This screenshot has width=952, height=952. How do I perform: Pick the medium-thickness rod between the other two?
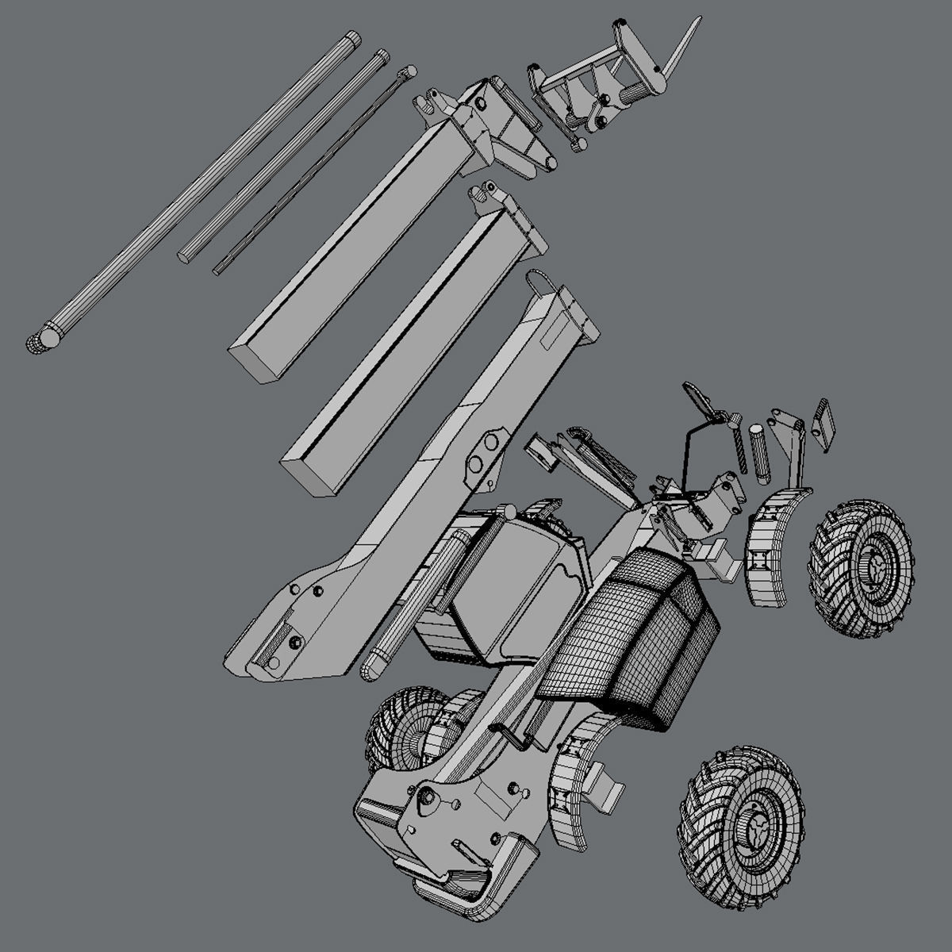[282, 154]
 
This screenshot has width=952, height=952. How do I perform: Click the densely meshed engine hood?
[635, 635]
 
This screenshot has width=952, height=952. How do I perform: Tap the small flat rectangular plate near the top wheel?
[823, 424]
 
